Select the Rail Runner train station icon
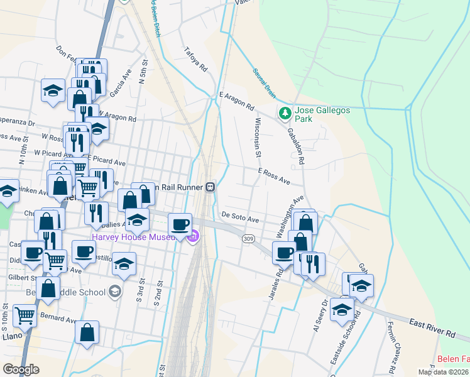click(210, 187)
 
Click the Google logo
click(21, 369)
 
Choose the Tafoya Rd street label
click(195, 58)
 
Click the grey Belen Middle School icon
click(115, 291)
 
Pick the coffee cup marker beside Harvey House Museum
click(180, 224)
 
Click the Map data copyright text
click(443, 372)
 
